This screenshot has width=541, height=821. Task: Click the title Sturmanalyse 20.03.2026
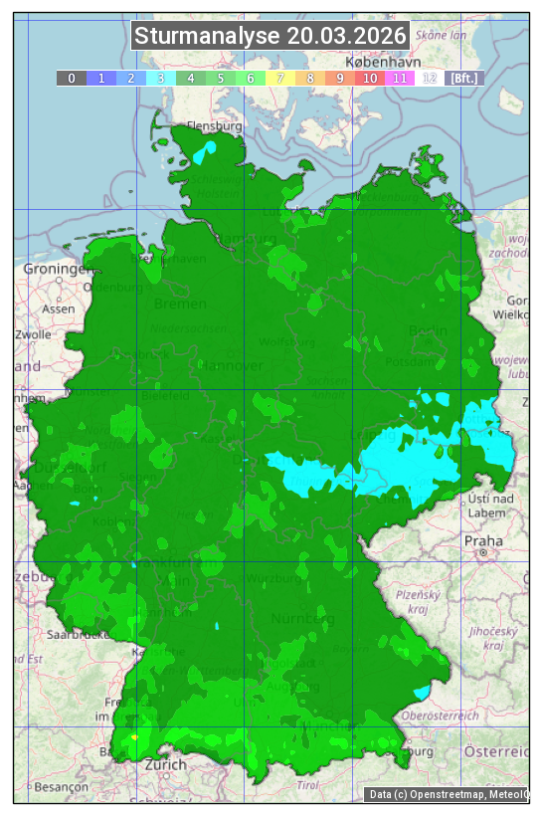(270, 37)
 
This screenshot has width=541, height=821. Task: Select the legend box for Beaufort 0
(72, 78)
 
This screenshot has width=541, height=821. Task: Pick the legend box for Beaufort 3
(161, 78)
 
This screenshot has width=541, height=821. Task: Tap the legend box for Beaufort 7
(280, 78)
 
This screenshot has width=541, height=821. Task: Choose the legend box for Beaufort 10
(370, 78)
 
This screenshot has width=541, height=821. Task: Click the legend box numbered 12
(430, 78)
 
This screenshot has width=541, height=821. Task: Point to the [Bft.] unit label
(464, 78)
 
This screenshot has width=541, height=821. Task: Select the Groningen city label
(54, 269)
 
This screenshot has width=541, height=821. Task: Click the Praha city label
(483, 540)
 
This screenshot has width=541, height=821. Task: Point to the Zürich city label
(165, 764)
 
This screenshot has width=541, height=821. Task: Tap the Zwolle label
(32, 334)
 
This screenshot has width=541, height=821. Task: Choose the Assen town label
(59, 308)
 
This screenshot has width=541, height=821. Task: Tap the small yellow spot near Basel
(134, 736)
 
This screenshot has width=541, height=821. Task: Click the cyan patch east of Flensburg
(205, 152)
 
